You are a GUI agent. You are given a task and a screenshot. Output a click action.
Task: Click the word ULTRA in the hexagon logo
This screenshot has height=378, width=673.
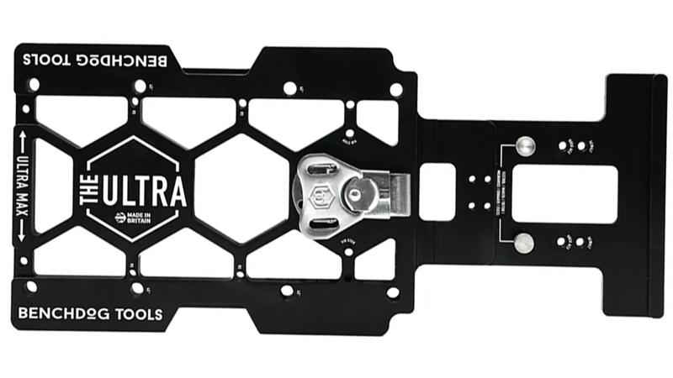click(144, 191)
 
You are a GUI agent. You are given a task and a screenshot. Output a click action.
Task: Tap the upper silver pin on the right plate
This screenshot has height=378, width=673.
click(524, 146)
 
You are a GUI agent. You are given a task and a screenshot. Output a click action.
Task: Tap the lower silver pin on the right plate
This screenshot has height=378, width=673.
click(524, 243)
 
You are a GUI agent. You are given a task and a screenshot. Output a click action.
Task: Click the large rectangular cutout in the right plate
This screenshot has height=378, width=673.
click(564, 194)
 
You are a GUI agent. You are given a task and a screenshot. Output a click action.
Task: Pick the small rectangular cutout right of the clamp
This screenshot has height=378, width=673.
click(437, 192)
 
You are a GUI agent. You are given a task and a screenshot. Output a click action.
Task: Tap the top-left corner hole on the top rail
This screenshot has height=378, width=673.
click(33, 84)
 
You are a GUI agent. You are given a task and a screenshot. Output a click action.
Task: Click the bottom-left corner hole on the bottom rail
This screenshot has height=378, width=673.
click(31, 287)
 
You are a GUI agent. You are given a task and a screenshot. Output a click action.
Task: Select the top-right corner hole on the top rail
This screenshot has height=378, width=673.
click(395, 88)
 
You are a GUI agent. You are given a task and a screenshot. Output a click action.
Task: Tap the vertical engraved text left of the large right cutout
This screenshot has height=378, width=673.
click(501, 194)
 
